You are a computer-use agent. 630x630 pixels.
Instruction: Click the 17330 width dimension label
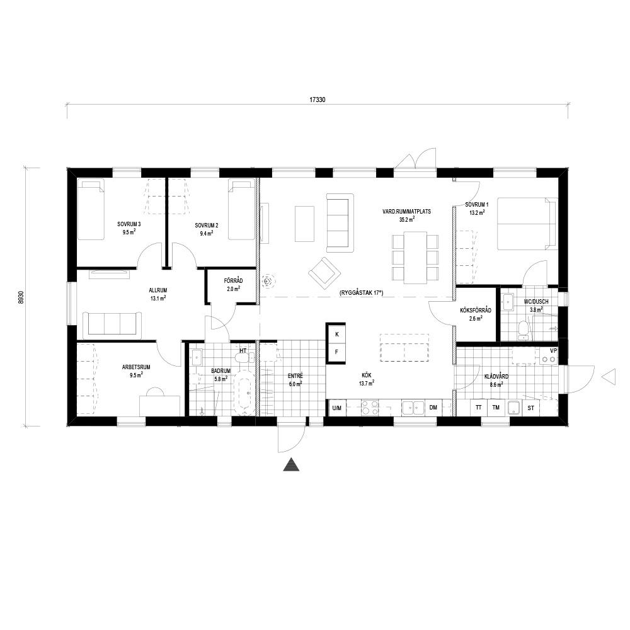click(x=317, y=100)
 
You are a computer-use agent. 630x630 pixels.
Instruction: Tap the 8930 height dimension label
click(x=21, y=297)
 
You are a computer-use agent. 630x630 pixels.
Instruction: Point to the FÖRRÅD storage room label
click(x=234, y=281)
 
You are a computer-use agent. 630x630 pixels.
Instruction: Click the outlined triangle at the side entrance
click(x=608, y=377)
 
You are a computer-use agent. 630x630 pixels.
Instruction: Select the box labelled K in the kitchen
click(x=337, y=335)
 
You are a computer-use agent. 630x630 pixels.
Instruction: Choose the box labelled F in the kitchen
click(x=337, y=352)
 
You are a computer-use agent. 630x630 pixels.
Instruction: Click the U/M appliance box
click(x=336, y=408)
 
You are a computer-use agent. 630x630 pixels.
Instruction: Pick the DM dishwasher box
click(x=433, y=408)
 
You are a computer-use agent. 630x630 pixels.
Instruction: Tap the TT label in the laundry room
click(x=479, y=408)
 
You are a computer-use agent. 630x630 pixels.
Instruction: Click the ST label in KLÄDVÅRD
click(x=531, y=408)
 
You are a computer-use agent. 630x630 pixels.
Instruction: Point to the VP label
click(x=554, y=351)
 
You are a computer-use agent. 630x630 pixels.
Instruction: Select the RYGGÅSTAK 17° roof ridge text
click(x=361, y=294)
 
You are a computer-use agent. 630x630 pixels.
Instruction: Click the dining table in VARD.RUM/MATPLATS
click(x=415, y=258)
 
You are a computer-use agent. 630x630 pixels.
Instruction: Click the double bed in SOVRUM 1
click(x=527, y=224)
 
